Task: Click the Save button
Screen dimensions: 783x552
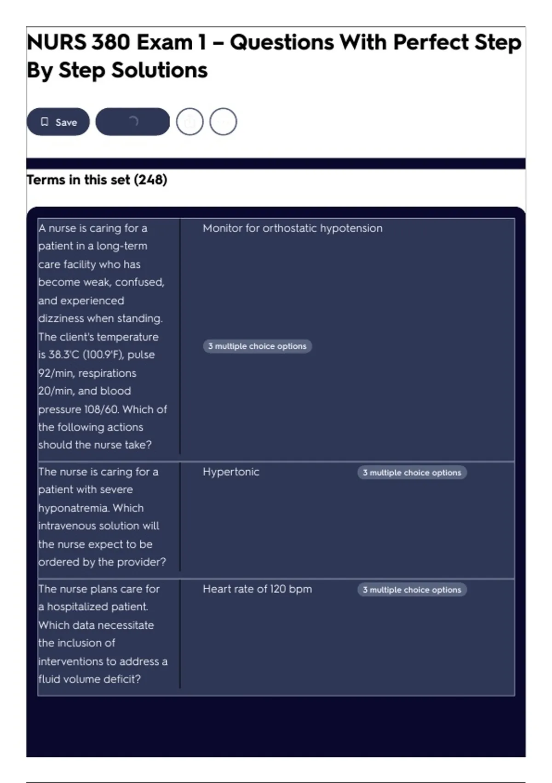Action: (x=58, y=122)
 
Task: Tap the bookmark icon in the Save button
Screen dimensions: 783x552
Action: (x=45, y=122)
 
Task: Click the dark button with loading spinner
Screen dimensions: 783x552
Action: (x=132, y=122)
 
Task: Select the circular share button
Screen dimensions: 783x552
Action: (x=190, y=122)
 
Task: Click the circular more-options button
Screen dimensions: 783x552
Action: (x=223, y=122)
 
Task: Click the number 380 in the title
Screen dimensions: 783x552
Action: (x=110, y=42)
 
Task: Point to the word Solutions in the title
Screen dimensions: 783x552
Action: (x=160, y=70)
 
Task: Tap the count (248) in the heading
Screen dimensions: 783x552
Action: (x=150, y=180)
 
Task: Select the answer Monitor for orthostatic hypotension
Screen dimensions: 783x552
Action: (x=293, y=228)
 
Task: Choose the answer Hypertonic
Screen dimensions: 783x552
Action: (x=231, y=472)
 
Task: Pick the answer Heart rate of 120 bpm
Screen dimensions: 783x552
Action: (x=257, y=589)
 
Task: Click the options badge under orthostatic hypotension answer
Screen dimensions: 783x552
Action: (x=257, y=346)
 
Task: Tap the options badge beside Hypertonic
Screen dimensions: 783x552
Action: (x=412, y=473)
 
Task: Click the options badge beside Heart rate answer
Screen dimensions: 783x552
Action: (x=412, y=590)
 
